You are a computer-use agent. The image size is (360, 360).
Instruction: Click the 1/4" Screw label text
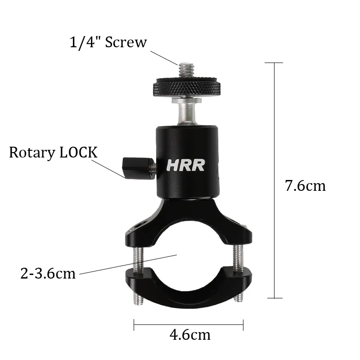[x=108, y=43]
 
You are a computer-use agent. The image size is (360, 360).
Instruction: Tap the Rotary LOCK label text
[x=53, y=153]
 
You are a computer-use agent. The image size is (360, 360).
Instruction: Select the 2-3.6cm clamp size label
[x=48, y=274]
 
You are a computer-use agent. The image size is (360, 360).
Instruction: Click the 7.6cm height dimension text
[x=305, y=185]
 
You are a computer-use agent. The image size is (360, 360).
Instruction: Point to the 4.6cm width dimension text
[x=190, y=335]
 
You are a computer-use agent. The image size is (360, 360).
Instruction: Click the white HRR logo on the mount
[x=185, y=165]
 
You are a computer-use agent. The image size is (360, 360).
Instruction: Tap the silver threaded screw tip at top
[x=187, y=71]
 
